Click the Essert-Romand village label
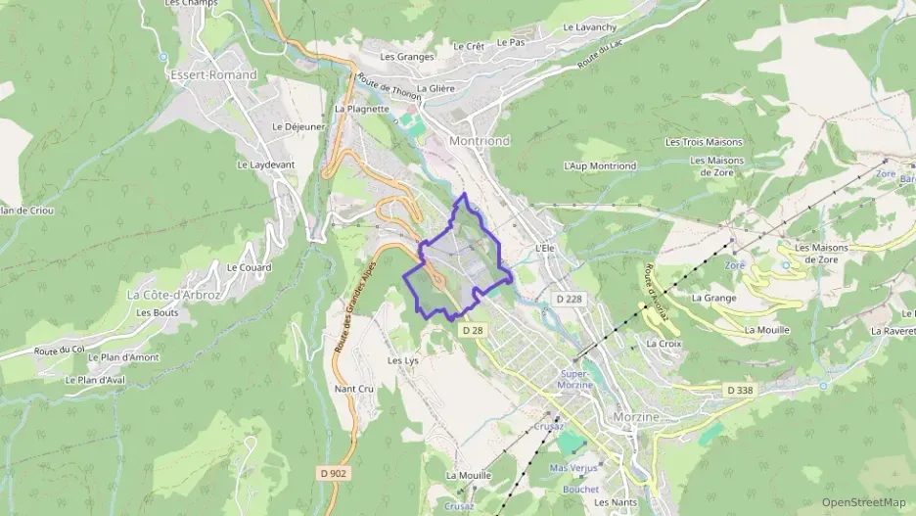(x=212, y=74)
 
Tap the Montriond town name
(x=479, y=141)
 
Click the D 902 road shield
(x=334, y=473)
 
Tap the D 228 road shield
(x=569, y=299)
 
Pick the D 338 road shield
(x=741, y=391)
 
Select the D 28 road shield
(x=472, y=331)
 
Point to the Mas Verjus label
(x=573, y=468)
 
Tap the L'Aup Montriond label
(x=600, y=166)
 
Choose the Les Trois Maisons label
(x=705, y=142)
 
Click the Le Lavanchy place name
(x=590, y=27)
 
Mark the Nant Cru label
(x=354, y=389)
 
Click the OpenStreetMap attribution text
(x=864, y=502)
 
